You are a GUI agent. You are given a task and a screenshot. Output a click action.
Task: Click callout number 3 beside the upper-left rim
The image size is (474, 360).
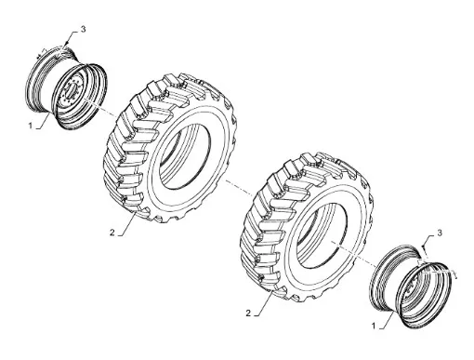click(83, 30)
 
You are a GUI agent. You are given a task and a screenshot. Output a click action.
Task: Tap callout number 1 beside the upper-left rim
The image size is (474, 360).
click(31, 126)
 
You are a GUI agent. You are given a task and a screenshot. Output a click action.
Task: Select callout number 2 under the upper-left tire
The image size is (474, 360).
click(112, 232)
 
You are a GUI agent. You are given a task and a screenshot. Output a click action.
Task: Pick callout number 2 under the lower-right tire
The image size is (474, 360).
click(248, 313)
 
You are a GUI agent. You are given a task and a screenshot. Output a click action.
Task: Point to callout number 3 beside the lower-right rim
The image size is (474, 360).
click(440, 233)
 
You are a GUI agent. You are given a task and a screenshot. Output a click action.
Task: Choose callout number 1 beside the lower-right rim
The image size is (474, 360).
click(374, 327)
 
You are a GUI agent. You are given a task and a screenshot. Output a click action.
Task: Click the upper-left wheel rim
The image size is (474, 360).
click(67, 88)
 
